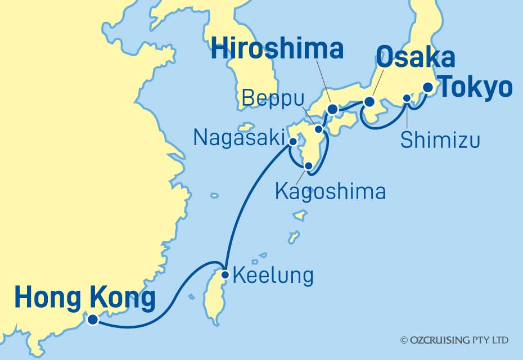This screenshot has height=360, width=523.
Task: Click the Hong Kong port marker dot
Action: (93, 319)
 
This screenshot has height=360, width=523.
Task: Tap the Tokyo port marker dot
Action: (429, 87)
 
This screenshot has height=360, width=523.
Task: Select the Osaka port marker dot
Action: (369, 102)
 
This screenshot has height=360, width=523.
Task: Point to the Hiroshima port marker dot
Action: (332, 109)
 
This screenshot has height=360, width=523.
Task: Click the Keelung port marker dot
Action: (225, 275)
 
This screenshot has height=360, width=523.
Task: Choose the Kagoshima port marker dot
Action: (308, 166)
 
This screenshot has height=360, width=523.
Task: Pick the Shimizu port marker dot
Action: (407, 98)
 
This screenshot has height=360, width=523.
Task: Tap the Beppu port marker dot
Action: (318, 129)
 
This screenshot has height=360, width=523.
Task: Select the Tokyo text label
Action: (475, 88)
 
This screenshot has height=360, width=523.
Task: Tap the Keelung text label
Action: (272, 276)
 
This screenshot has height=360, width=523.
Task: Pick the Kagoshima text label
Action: (330, 191)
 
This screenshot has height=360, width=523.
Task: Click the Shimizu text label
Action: (440, 140)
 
